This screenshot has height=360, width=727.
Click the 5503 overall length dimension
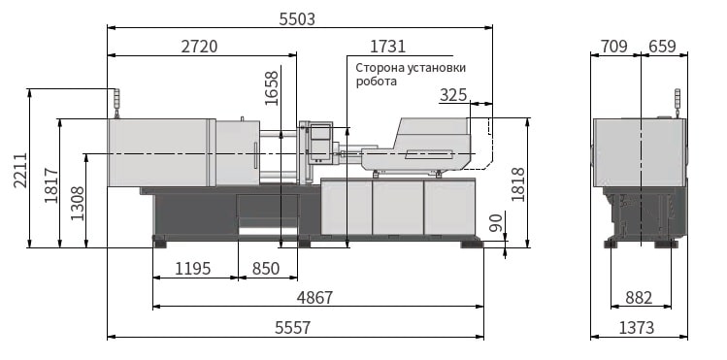(x=297, y=19)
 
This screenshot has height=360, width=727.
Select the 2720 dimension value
(x=199, y=47)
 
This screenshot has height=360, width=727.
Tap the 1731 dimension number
(x=387, y=47)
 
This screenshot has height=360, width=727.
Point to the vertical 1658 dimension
(x=272, y=88)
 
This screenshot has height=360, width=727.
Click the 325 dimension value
(x=453, y=95)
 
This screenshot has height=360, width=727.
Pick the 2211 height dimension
(x=20, y=170)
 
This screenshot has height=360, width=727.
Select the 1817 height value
(x=51, y=185)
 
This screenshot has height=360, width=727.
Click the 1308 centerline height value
(x=78, y=203)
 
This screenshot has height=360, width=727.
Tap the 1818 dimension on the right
(x=518, y=184)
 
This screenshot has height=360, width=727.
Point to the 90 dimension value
(x=496, y=223)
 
